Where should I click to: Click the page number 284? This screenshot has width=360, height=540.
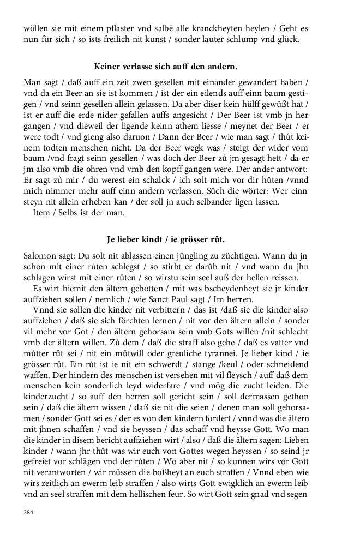point(29,512)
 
